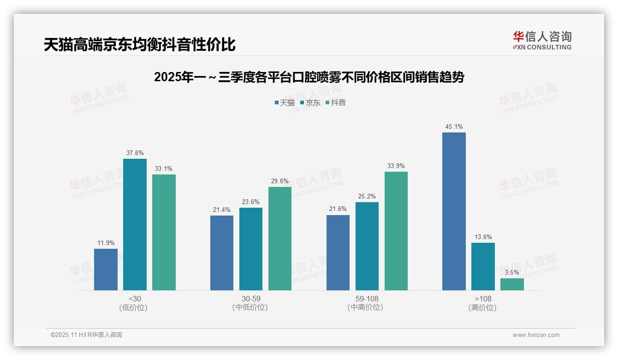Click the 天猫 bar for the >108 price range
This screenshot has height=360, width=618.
(454, 211)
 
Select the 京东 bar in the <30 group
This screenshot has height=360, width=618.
(135, 224)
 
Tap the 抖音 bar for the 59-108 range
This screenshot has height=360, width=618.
(396, 231)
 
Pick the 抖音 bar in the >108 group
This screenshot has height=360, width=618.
(512, 284)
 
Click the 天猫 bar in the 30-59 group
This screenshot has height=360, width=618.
(222, 253)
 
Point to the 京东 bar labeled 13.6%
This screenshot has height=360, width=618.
(483, 266)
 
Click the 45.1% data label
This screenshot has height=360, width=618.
(454, 127)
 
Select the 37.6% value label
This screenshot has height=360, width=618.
(135, 153)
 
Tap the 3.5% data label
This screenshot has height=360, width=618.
(512, 273)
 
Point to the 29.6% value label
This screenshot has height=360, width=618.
(280, 181)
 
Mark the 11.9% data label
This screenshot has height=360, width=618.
(106, 243)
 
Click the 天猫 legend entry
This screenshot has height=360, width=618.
(285, 102)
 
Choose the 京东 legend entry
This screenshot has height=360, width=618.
(310, 102)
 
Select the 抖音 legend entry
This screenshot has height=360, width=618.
(336, 102)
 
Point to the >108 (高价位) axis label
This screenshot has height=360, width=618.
(482, 303)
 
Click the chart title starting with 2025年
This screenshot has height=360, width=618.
(309, 77)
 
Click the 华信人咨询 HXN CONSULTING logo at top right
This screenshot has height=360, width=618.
(542, 41)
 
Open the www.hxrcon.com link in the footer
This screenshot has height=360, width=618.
(536, 335)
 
